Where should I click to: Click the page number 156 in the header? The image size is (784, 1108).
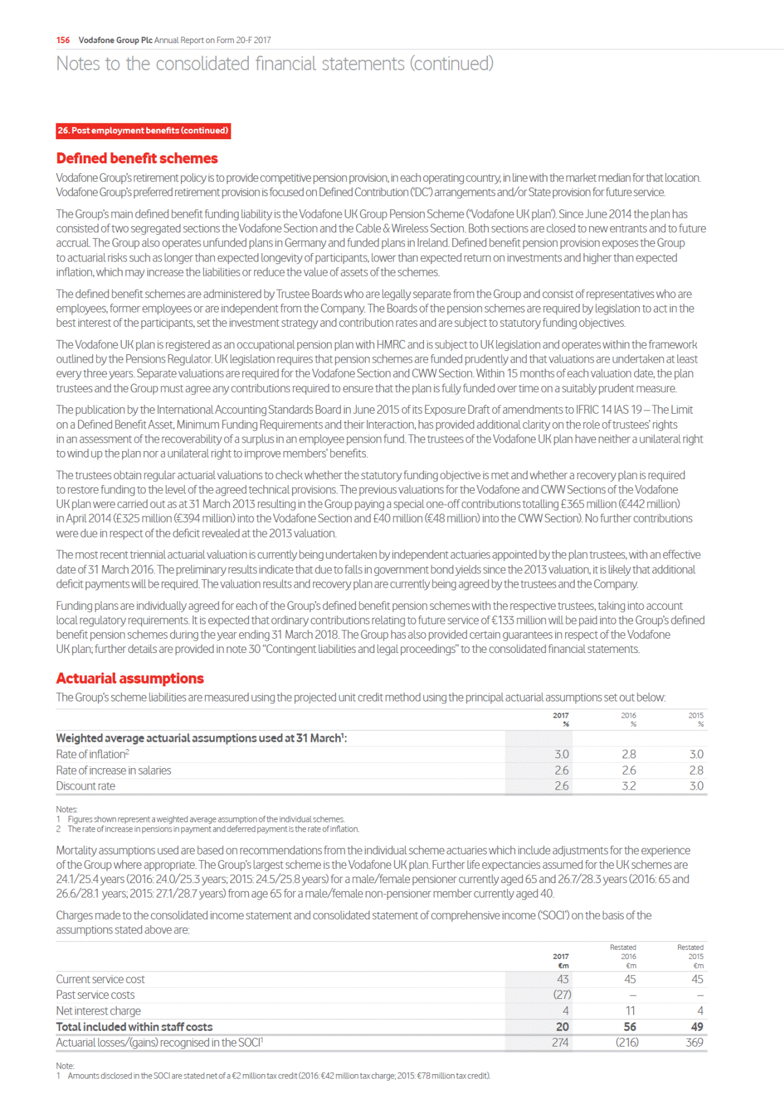pyautogui.click(x=63, y=40)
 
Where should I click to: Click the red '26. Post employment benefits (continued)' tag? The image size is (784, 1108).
pyautogui.click(x=143, y=131)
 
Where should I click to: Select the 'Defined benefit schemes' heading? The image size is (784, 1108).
pyautogui.click(x=137, y=158)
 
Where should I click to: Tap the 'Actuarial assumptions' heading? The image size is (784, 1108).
pyautogui.click(x=129, y=678)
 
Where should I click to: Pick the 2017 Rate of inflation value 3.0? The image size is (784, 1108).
pyautogui.click(x=561, y=754)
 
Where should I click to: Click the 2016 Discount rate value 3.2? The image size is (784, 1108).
pyautogui.click(x=629, y=786)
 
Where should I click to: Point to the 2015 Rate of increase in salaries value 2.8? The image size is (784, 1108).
pyautogui.click(x=696, y=770)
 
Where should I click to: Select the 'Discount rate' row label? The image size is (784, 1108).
pyautogui.click(x=86, y=786)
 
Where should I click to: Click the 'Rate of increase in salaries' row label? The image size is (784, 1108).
pyautogui.click(x=114, y=770)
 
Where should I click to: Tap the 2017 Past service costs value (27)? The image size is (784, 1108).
pyautogui.click(x=562, y=994)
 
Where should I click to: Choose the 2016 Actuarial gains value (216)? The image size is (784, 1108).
pyautogui.click(x=627, y=1042)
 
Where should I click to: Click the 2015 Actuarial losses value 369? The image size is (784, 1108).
pyautogui.click(x=694, y=1042)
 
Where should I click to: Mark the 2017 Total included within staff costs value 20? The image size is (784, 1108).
pyautogui.click(x=562, y=1026)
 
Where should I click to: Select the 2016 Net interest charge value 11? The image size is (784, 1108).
pyautogui.click(x=630, y=1011)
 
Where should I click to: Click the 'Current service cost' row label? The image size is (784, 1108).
pyautogui.click(x=101, y=979)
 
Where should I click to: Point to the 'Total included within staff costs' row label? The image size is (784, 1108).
pyautogui.click(x=134, y=1026)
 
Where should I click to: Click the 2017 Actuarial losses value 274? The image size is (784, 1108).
pyautogui.click(x=560, y=1042)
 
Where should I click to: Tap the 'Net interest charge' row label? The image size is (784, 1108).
pyautogui.click(x=98, y=1011)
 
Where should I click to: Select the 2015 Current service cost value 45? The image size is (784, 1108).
pyautogui.click(x=697, y=979)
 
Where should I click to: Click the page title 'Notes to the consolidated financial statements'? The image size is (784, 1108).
pyautogui.click(x=274, y=63)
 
